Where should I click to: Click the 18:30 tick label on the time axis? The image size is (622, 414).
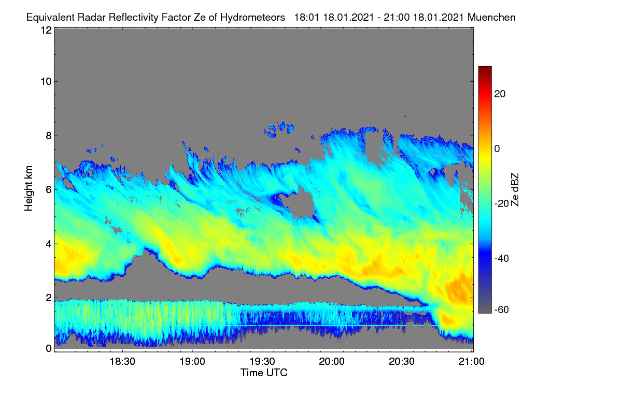[122, 361]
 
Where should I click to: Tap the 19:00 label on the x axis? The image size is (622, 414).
[192, 361]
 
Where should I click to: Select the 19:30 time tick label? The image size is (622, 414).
[262, 361]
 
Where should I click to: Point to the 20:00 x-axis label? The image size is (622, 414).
[332, 361]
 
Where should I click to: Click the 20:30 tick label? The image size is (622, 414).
[402, 361]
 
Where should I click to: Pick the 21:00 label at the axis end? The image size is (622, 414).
[472, 361]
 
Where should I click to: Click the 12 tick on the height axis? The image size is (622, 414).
[46, 30]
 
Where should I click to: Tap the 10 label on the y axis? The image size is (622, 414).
[46, 82]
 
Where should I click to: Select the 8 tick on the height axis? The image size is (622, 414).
[49, 136]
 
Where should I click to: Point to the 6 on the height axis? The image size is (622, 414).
[49, 190]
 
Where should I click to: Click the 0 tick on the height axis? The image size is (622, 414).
[49, 349]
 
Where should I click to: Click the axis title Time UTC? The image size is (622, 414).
[264, 373]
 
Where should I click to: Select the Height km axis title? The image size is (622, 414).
[29, 188]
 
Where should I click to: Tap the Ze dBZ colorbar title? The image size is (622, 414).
[515, 190]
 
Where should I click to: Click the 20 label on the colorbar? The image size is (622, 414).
[500, 94]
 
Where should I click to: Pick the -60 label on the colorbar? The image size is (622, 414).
[502, 310]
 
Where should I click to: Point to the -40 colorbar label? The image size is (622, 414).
[502, 258]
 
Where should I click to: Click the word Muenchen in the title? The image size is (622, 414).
[491, 17]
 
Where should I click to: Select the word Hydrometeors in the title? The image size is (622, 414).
[253, 18]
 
